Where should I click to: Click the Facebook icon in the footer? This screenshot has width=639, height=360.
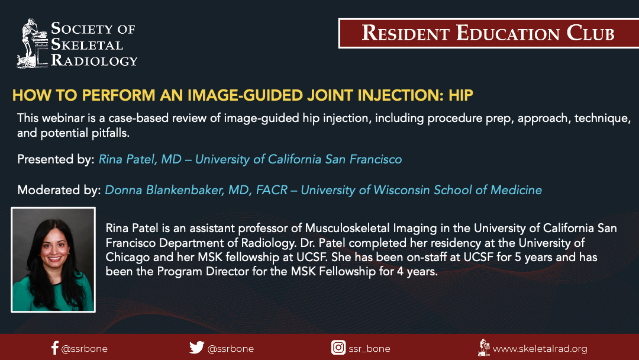tap(55, 348)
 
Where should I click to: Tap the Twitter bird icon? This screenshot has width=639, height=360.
tap(196, 348)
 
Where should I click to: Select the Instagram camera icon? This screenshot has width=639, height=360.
tap(338, 348)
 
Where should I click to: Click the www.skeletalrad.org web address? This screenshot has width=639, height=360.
tap(540, 349)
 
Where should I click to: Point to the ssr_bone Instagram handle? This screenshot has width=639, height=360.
tap(369, 349)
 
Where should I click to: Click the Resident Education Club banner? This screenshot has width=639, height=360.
tap(489, 33)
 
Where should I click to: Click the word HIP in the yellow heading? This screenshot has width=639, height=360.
tap(461, 95)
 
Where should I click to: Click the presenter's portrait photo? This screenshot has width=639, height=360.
tap(53, 260)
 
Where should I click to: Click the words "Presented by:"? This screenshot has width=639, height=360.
tap(56, 159)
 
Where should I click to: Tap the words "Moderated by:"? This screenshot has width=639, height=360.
tap(59, 190)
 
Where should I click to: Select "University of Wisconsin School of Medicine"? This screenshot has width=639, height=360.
tap(421, 190)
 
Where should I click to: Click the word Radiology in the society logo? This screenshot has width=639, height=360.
tap(94, 60)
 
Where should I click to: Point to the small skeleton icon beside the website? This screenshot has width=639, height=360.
tap(484, 348)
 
